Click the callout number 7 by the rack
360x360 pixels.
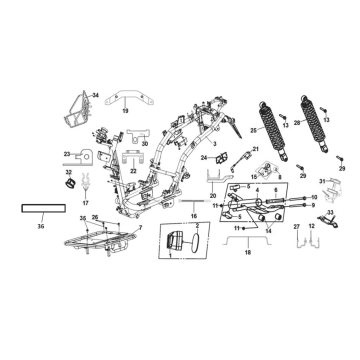(140, 229)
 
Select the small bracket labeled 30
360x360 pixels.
(146, 143)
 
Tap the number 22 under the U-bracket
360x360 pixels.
(132, 172)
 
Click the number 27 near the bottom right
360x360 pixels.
(297, 228)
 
